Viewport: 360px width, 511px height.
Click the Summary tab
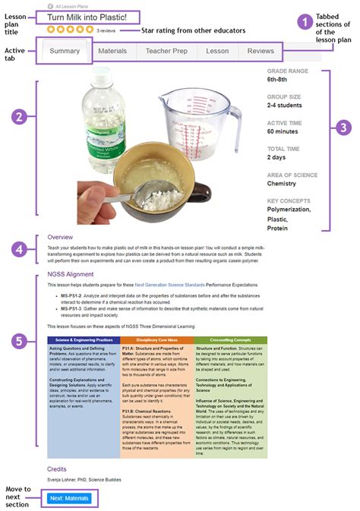click(65, 51)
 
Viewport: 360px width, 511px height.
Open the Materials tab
click(112, 51)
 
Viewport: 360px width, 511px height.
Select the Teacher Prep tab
click(166, 51)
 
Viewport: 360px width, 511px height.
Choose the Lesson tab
click(217, 51)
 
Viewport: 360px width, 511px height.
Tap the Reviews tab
click(261, 51)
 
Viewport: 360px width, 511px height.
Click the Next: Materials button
click(68, 498)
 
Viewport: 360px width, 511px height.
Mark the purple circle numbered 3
click(343, 126)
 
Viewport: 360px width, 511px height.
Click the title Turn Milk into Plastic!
click(93, 17)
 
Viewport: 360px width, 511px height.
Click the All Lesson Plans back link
click(74, 5)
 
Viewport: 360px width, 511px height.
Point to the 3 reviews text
click(106, 30)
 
